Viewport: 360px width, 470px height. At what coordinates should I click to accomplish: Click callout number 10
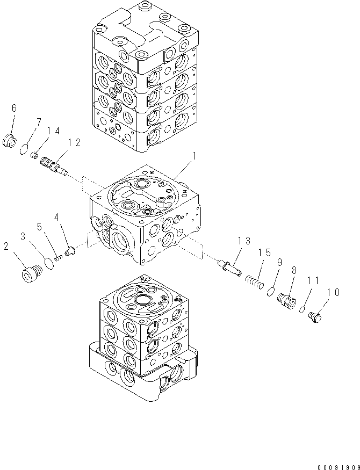coord(333,293)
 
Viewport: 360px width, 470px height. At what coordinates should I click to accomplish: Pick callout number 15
coord(263,252)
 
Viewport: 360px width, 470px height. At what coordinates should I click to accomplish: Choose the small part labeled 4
coord(69,250)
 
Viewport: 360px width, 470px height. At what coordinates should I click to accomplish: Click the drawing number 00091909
coord(333,461)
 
